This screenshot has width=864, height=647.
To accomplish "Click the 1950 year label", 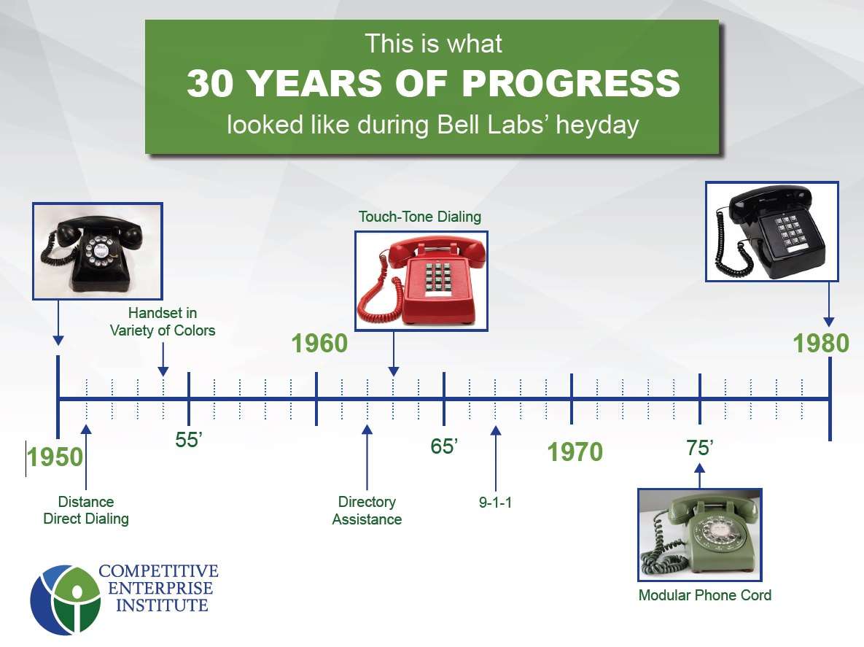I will coord(55,457).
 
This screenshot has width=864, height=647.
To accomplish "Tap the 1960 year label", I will coord(319,344).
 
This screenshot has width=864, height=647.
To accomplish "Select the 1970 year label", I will coord(575,452).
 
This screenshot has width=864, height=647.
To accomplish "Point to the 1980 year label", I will coord(821,344).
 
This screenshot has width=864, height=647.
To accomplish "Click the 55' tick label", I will coord(188,441).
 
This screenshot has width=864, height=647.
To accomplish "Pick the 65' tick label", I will coord(444,446).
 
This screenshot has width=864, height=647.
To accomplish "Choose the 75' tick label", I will coord(698,448).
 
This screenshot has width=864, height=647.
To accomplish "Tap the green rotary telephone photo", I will coord(699,535).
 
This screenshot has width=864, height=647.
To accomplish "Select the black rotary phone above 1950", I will coord(98,250).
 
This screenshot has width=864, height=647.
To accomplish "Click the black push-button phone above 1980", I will coord(771,230).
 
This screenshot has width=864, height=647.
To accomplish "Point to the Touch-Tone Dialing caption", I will coord(420,217).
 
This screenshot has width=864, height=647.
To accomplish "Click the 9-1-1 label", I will coord(495,503).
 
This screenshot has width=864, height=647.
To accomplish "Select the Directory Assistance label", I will coord(367,511).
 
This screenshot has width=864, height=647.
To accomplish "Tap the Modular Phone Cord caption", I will coord(704,595).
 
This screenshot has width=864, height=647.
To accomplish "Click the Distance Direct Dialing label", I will coord(86,511).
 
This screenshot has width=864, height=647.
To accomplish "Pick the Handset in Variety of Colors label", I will coord(163,322).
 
